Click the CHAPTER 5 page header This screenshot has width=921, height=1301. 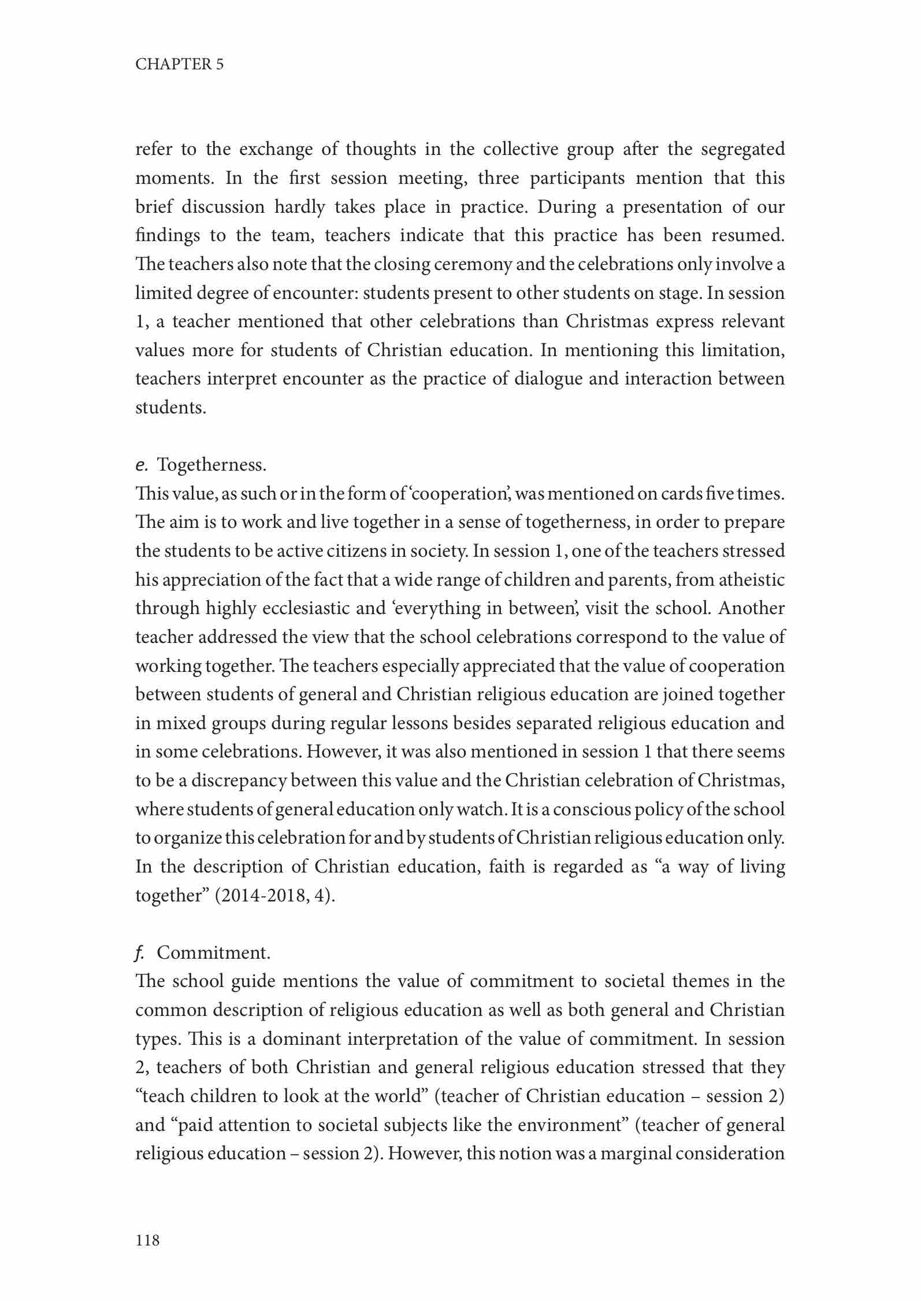[x=179, y=64]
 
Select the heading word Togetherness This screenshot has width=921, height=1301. [x=211, y=464]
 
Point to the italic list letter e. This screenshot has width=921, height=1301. [x=140, y=465]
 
